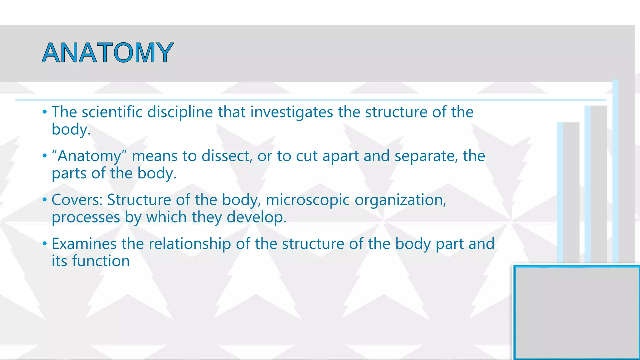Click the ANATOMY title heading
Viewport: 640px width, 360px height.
(107, 52)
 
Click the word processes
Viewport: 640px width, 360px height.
(86, 217)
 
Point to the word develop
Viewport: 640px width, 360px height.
(256, 217)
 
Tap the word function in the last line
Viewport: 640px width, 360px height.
(101, 261)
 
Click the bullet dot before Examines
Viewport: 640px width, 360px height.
(45, 243)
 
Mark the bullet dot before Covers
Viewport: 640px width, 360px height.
(45, 200)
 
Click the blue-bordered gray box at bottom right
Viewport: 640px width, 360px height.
(577, 312)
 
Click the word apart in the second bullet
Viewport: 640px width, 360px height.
(340, 156)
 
